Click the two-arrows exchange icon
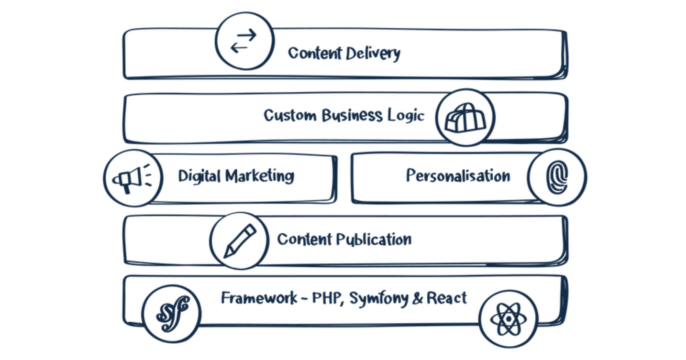coord(244,41)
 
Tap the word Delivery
coord(373,54)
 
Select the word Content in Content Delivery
coord(315,53)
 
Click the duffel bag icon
coord(465,118)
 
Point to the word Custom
coord(290,115)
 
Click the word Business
coord(352,115)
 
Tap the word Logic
coord(406,116)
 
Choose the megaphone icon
coord(132,178)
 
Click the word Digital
coord(199,176)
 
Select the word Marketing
coord(260,176)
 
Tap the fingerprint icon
coord(557,177)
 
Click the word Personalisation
coord(458,176)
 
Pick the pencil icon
coord(240,241)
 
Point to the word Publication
coord(374,240)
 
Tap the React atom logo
coord(509,319)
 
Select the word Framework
coord(259,297)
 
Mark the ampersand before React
coord(417,298)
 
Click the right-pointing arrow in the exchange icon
coord(246,35)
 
